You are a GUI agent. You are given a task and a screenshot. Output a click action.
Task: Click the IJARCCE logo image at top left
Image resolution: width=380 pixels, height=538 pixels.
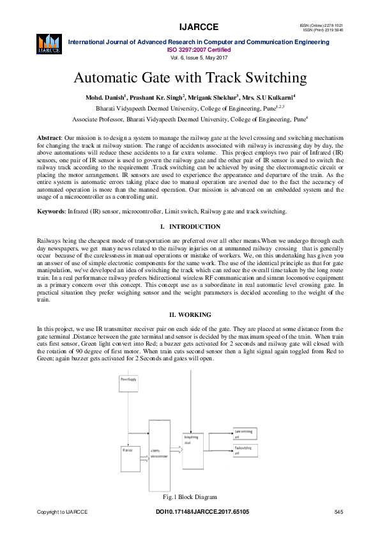49,43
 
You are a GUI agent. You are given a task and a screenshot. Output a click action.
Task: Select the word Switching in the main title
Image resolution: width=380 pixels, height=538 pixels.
275,79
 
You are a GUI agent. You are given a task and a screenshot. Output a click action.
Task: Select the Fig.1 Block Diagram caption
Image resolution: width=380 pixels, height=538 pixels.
190,497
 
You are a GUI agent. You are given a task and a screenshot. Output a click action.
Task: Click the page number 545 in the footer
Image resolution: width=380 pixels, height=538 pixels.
339,512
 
